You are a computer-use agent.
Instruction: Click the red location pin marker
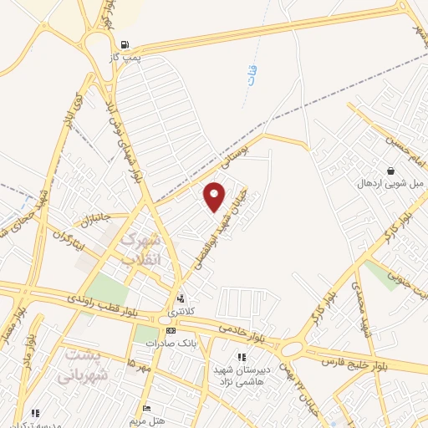click(215, 196)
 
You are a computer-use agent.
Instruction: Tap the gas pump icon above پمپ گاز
click(125, 45)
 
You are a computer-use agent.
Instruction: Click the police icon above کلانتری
click(181, 298)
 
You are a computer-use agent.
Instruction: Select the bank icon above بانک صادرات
click(171, 331)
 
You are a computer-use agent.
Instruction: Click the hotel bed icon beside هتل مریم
click(147, 409)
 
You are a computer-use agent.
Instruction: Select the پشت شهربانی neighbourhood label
click(83, 365)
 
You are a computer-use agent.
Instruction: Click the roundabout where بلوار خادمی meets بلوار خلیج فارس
click(293, 347)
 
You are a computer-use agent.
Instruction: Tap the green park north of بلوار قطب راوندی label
click(106, 289)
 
